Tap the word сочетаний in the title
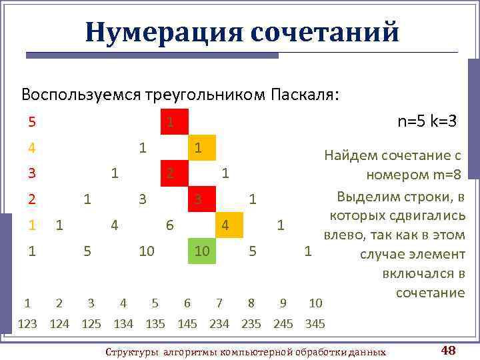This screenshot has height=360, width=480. [325, 31]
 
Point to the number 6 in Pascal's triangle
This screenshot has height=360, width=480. [170, 225]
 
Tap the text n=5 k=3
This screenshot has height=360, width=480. [427, 121]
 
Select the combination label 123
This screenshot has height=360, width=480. [27, 325]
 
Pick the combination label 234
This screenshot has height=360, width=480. [219, 325]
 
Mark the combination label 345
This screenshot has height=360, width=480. [315, 325]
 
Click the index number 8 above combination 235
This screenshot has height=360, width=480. [251, 303]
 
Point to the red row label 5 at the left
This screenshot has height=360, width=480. [32, 122]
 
